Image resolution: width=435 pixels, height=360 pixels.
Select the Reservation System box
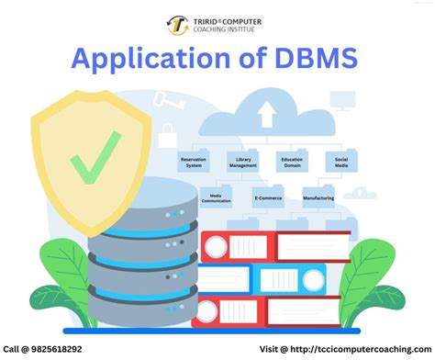[194, 162]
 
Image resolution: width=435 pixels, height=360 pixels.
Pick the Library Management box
[243, 162]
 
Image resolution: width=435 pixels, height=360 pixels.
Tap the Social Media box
[342, 162]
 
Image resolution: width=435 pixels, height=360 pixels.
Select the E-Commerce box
[268, 197]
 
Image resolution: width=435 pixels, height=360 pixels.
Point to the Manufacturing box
[318, 197]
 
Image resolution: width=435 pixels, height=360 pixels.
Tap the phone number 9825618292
[50, 350]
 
